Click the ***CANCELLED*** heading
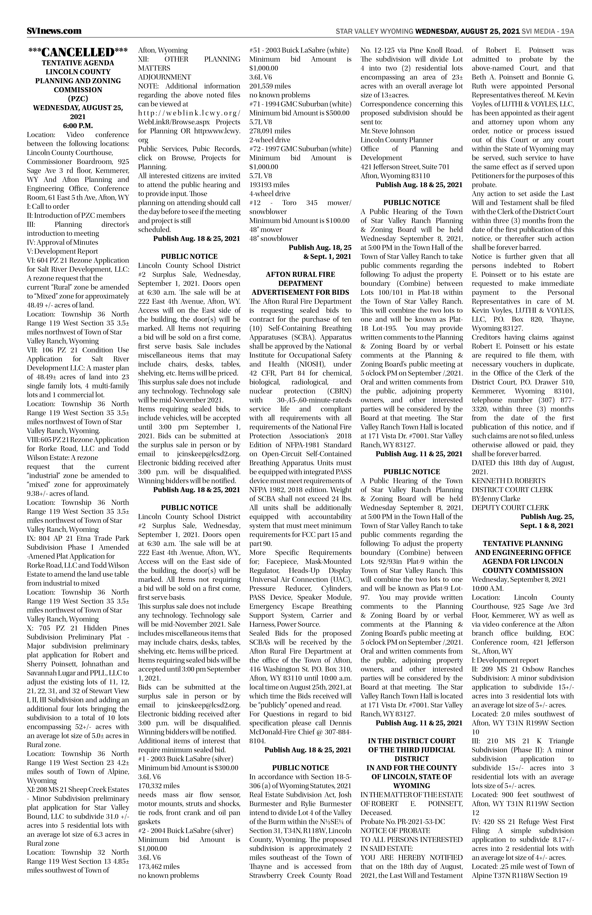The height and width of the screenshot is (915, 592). (x=78, y=52)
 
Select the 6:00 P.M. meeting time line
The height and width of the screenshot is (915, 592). (x=78, y=125)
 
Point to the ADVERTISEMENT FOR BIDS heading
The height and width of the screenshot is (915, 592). (x=300, y=292)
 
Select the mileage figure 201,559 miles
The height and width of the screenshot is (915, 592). (x=270, y=86)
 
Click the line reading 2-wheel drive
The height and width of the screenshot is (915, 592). (x=270, y=140)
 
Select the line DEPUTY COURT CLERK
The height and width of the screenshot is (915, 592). (x=511, y=508)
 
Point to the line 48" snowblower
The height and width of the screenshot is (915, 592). (x=273, y=238)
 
